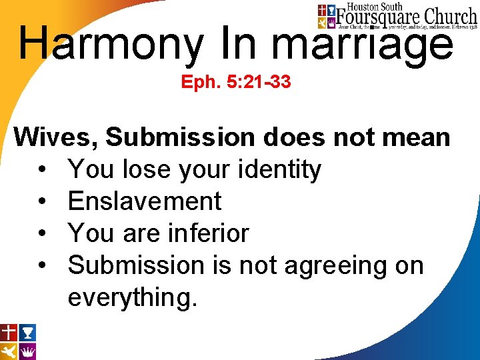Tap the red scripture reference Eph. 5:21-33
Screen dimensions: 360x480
coord(236,84)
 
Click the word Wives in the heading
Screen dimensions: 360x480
coord(55,137)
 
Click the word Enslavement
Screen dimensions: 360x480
coord(145,201)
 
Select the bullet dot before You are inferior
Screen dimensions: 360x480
coord(42,234)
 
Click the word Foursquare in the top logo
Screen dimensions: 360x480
coord(378,16)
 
